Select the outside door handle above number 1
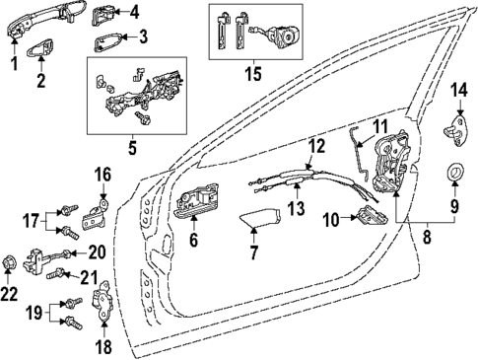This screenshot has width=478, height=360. coord(30,22)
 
